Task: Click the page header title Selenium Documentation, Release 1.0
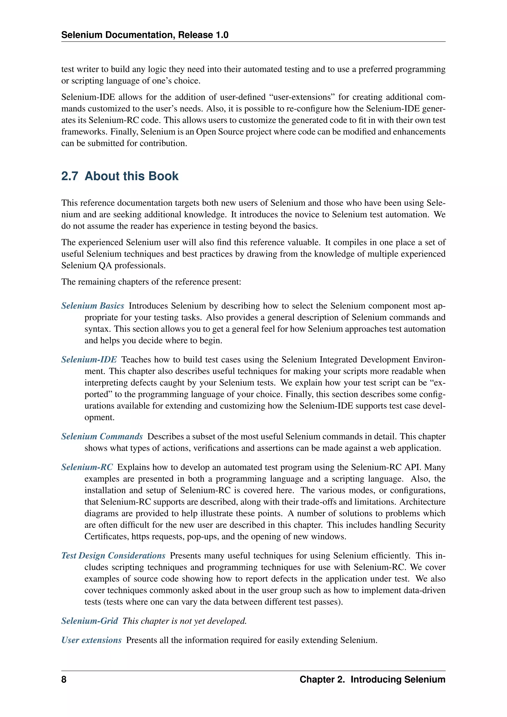(x=145, y=35)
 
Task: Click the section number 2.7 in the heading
(x=69, y=176)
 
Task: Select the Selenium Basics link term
(x=93, y=306)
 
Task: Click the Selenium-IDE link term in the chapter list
(x=89, y=359)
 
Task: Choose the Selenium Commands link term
(x=102, y=436)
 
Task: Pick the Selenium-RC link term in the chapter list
(x=87, y=467)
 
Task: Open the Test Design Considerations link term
(x=113, y=556)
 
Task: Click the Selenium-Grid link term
(x=90, y=621)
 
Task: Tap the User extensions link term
(x=91, y=640)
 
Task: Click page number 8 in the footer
(x=64, y=680)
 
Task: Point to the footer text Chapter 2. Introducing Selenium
(x=372, y=680)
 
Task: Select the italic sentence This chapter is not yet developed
(x=184, y=621)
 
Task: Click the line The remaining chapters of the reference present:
(x=151, y=282)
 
